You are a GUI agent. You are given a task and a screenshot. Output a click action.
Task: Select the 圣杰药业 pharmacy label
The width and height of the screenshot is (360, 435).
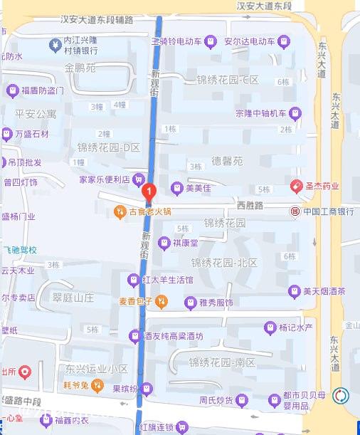(322, 187)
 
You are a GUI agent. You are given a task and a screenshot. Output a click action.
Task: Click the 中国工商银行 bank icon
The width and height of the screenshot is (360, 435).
(295, 211)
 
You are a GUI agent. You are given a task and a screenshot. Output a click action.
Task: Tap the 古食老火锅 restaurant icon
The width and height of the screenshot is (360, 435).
(120, 211)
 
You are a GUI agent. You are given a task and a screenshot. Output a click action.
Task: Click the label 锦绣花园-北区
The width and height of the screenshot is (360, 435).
(223, 262)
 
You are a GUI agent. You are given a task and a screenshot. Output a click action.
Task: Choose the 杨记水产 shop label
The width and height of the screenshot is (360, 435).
(296, 328)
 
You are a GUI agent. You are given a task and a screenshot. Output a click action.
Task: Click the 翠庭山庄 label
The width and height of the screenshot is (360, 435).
(73, 298)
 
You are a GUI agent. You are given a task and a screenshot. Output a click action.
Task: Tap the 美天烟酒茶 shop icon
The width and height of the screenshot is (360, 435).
(294, 291)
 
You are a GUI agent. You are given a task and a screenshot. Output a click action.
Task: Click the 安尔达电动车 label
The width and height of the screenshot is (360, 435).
(249, 41)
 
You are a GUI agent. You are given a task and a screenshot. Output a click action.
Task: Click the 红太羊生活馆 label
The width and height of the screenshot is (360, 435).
(167, 280)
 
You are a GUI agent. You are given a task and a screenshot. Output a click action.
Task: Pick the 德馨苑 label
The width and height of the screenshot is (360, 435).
(228, 161)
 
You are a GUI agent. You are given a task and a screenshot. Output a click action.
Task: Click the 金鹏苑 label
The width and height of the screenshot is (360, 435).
(80, 68)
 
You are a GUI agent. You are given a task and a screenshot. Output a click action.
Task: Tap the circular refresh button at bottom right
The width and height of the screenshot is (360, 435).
(342, 395)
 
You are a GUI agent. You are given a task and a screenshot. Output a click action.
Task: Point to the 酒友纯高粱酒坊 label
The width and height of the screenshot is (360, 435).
(174, 336)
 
